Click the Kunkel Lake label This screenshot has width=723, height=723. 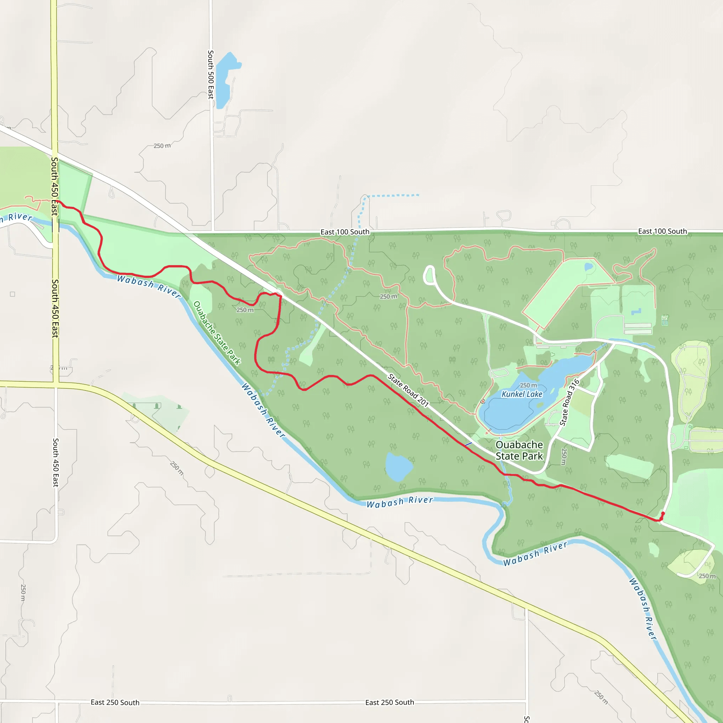pyautogui.click(x=522, y=394)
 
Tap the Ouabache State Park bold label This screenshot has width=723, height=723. pyautogui.click(x=519, y=450)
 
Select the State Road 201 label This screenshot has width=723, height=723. pyautogui.click(x=407, y=390)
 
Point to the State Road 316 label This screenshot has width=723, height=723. pyautogui.click(x=569, y=402)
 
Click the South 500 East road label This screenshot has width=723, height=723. pyautogui.click(x=211, y=74)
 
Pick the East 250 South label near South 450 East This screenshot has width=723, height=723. pyautogui.click(x=115, y=703)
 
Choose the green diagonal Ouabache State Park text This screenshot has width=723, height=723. pyautogui.click(x=217, y=333)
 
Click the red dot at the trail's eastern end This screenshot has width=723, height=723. pyautogui.click(x=663, y=513)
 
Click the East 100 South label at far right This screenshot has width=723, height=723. pyautogui.click(x=662, y=231)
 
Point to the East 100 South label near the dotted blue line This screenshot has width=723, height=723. pyautogui.click(x=345, y=232)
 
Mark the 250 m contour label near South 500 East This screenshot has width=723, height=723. pyautogui.click(x=162, y=145)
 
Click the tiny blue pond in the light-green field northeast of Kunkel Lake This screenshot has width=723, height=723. pyautogui.click(x=588, y=267)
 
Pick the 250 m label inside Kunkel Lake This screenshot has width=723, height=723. pyautogui.click(x=528, y=386)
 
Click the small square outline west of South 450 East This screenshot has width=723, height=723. pyautogui.click(x=12, y=294)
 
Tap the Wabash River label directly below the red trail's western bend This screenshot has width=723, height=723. pyautogui.click(x=149, y=286)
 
